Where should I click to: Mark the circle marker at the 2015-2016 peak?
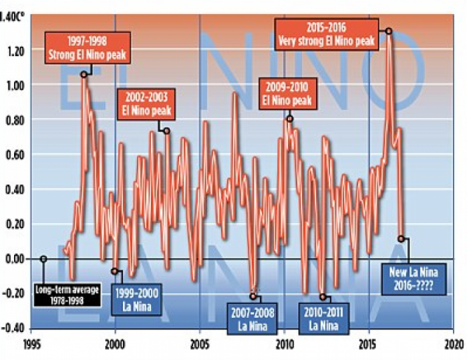tap(388, 31)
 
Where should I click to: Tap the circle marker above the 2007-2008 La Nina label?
tap(253, 296)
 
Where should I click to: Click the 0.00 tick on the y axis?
tap(15, 258)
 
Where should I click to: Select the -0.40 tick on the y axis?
tap(13, 327)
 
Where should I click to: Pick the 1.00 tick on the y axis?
tap(15, 85)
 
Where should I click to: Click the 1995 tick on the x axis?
tap(31, 343)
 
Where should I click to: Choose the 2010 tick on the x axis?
tap(284, 343)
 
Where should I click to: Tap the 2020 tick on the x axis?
tap(452, 343)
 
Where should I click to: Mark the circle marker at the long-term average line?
tap(43, 258)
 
